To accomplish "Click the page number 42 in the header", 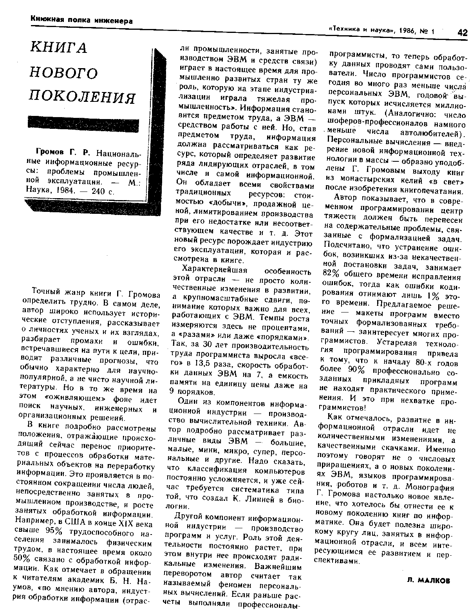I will click(x=462, y=33).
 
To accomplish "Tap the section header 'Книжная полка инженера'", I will click(x=81, y=20).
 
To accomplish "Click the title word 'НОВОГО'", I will click(x=64, y=72).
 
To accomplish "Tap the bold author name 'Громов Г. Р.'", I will click(x=63, y=152).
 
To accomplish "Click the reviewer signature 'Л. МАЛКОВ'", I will click(x=429, y=581).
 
